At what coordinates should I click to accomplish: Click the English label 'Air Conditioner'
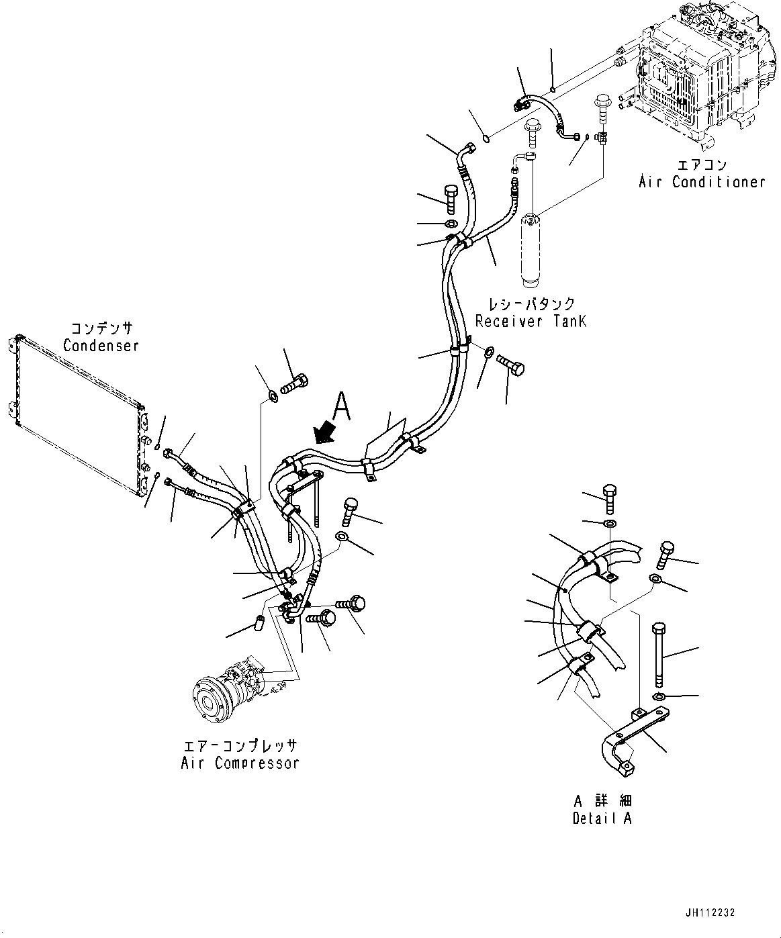702,181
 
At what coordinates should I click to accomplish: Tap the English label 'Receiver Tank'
531,321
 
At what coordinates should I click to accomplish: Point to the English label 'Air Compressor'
240,763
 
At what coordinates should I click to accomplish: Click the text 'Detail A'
602,818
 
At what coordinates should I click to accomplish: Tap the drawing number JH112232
710,913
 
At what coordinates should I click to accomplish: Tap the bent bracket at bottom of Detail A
621,755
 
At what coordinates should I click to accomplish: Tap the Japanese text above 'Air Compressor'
240,746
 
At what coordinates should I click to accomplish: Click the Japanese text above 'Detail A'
602,801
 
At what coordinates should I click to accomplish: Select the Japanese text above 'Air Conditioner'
702,165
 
